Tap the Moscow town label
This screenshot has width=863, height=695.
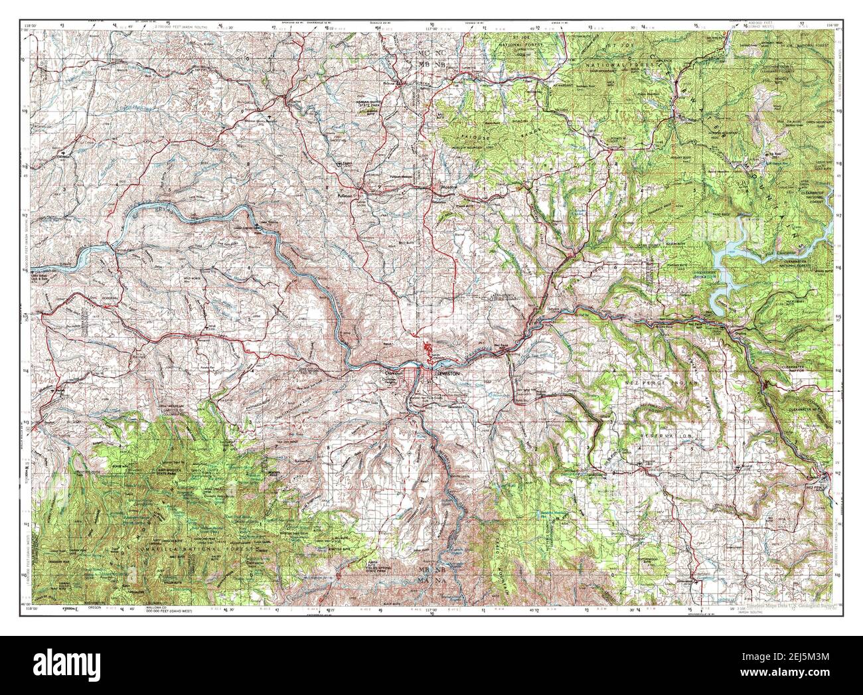point(443,189)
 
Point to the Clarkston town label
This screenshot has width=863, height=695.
point(392,373)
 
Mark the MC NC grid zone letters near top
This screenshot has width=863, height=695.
point(438,51)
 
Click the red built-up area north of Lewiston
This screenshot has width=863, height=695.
point(428,348)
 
